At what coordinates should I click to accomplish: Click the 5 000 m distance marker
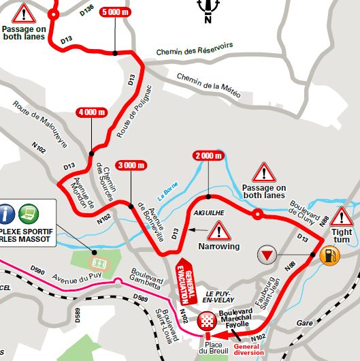[114, 12]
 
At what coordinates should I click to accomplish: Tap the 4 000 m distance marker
[91, 112]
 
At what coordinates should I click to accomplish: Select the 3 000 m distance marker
[131, 165]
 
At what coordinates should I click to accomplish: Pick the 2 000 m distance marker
[208, 156]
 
